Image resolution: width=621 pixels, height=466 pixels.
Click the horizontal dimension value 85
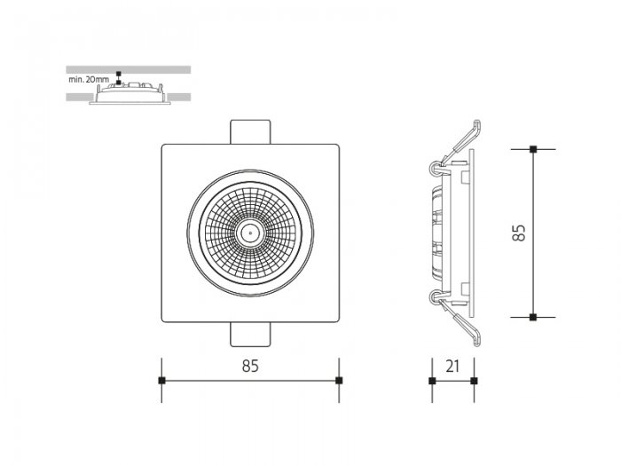coord(250,366)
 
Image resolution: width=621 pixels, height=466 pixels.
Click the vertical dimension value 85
coord(519,233)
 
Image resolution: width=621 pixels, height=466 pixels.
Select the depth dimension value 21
coord(452,367)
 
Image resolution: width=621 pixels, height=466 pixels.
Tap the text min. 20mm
coord(89,79)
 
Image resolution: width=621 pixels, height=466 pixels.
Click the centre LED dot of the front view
coord(250,233)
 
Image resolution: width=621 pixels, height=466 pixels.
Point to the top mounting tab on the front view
coord(250,132)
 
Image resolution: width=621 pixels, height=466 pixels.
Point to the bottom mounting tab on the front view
coord(250,335)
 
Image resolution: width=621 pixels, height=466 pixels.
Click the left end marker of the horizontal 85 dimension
coord(161,381)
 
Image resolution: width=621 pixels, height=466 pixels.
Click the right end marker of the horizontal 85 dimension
coord(339,381)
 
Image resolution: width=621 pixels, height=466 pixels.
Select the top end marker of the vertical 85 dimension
coord(533,149)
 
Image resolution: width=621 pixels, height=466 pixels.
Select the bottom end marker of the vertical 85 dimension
coord(533,317)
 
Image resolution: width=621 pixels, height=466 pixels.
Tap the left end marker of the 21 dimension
coord(432,381)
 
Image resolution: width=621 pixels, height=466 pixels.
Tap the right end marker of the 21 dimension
coord(474,381)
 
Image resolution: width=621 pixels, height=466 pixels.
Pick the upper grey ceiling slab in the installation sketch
coord(129,70)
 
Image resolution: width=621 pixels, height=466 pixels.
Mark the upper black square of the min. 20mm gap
coord(118,74)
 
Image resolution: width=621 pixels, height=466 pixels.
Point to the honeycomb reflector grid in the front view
coord(250,233)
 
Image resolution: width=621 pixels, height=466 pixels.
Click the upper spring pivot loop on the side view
coord(435,169)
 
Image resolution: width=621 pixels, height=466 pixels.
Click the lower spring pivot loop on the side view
coord(435,298)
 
